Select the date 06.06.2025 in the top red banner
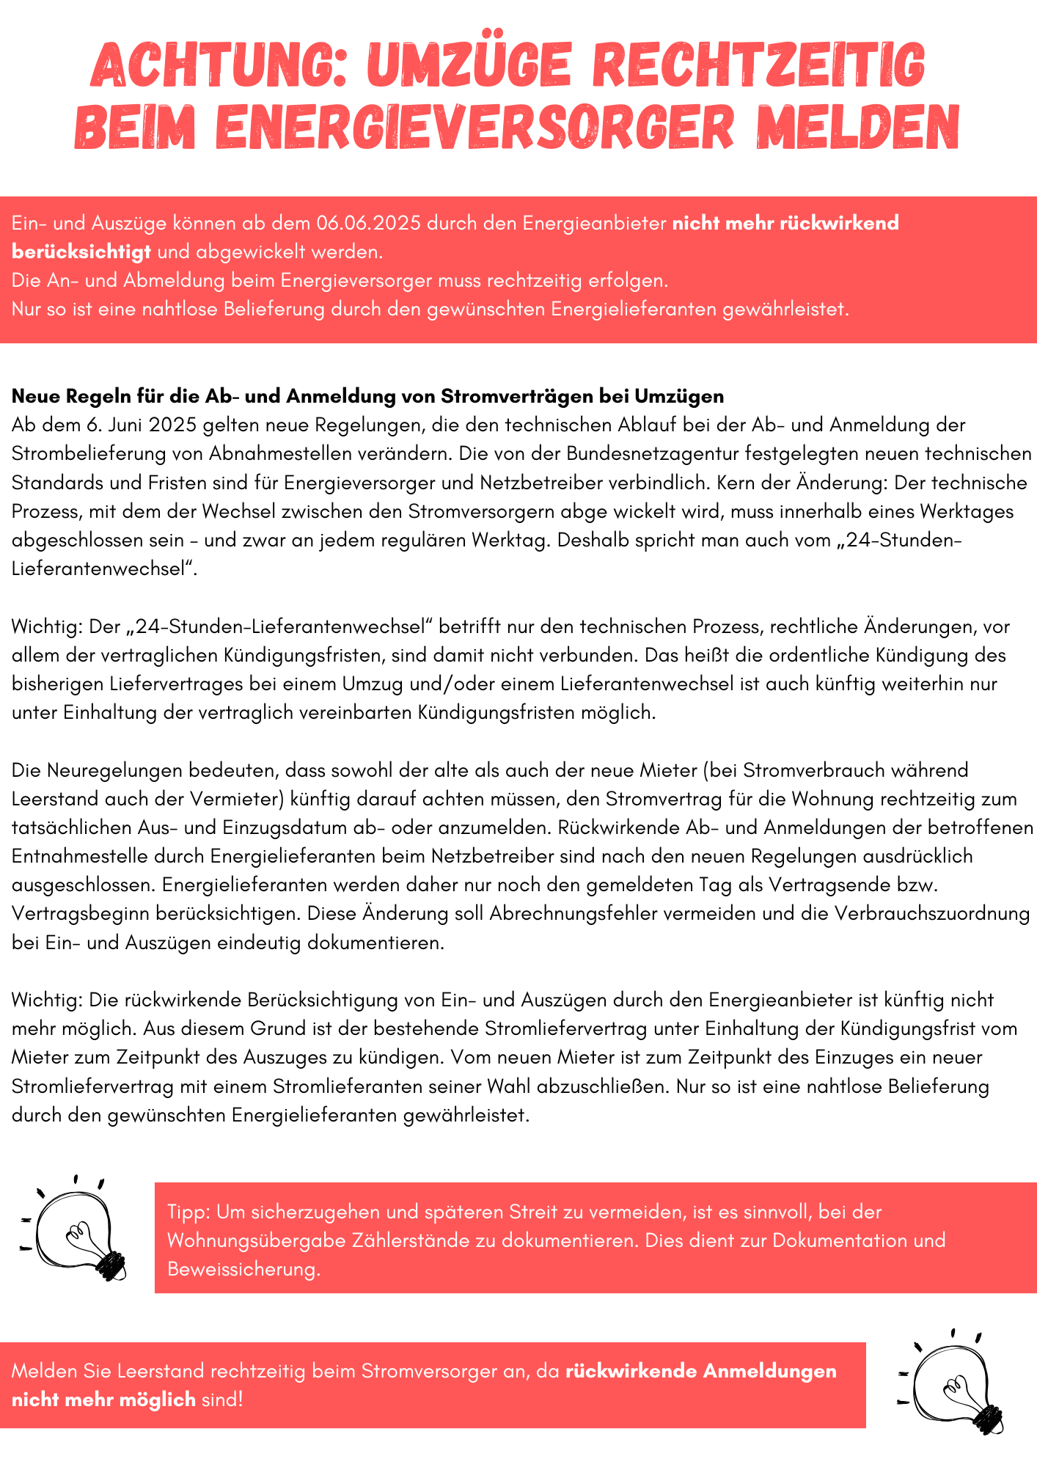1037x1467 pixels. pyautogui.click(x=369, y=223)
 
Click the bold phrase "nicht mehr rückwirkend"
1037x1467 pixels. pyautogui.click(x=785, y=223)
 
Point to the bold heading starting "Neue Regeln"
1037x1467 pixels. pyautogui.click(x=367, y=396)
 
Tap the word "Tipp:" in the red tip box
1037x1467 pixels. pyautogui.click(x=188, y=1212)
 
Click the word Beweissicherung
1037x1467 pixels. pyautogui.click(x=243, y=1269)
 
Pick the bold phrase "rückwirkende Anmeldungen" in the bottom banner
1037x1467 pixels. pyautogui.click(x=700, y=1371)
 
